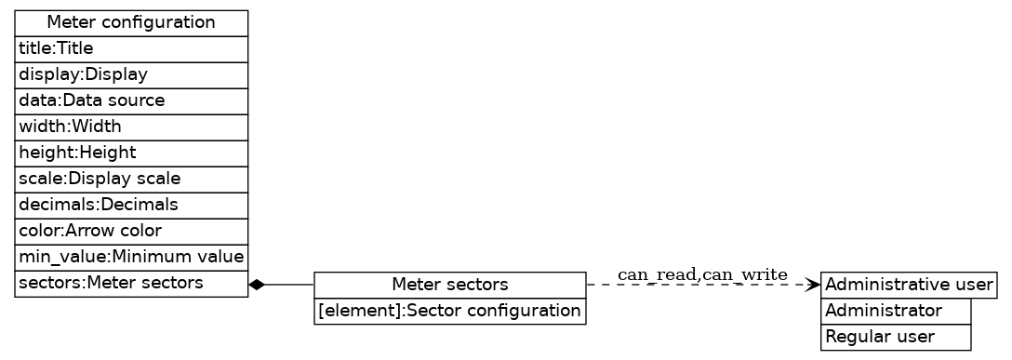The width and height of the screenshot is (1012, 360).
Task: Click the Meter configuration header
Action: point(131,22)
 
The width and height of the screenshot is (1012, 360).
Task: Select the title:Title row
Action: point(131,48)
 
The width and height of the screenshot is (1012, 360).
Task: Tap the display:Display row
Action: point(131,74)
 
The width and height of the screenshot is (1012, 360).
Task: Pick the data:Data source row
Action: point(131,100)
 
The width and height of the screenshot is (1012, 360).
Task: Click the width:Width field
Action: point(131,127)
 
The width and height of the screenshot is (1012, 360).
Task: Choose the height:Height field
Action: point(131,153)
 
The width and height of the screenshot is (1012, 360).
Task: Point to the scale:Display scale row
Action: point(131,179)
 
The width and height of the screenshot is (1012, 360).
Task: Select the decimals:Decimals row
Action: point(131,205)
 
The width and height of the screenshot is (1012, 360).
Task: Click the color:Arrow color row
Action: point(131,231)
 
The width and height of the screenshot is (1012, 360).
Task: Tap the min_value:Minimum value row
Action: point(131,257)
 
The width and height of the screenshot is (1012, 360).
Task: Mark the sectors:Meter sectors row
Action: point(131,284)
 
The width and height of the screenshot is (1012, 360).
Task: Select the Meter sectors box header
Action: point(449,285)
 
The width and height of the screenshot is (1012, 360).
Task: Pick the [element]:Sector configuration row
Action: point(449,311)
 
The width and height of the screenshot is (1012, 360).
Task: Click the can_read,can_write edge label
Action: point(702,274)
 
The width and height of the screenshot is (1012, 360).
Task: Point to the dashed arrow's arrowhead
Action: point(814,284)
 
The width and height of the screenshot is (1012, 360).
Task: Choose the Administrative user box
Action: point(909,285)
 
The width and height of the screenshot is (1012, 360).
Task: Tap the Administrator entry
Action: point(896,311)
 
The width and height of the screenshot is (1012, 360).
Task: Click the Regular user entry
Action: point(896,337)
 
